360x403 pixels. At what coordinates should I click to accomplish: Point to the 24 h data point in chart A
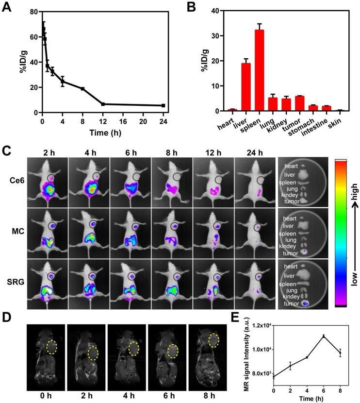pos(163,105)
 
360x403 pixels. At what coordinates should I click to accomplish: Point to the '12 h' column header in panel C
pos(213,152)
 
